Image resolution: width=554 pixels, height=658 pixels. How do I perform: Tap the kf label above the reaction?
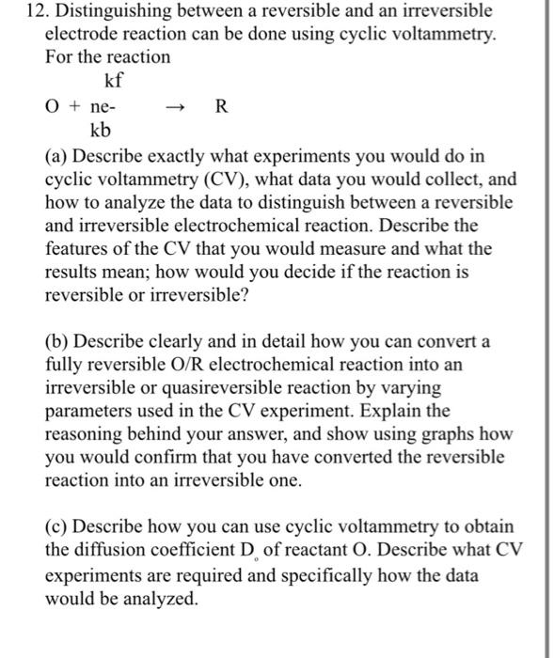(114, 80)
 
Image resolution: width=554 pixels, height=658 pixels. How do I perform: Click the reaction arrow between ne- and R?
(173, 105)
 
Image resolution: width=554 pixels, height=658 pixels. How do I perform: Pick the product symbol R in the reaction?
(221, 104)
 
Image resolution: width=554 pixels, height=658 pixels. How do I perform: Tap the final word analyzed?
(166, 599)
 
